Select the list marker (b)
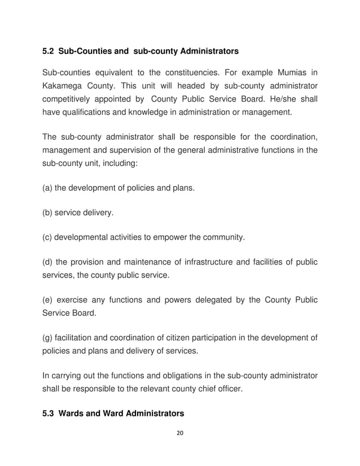point(48,213)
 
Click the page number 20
point(180,434)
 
